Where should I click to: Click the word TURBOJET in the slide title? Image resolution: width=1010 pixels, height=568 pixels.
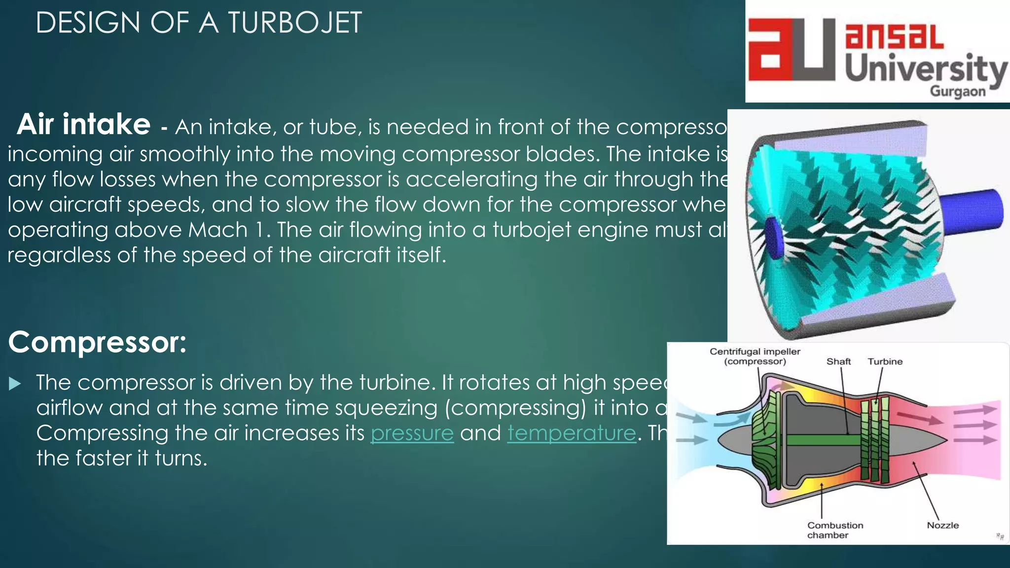(294, 23)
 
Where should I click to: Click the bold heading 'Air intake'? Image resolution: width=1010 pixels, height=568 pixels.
(84, 124)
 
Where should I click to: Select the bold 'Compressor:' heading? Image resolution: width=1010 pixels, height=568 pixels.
(97, 342)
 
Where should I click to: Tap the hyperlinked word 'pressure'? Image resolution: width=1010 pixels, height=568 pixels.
(412, 433)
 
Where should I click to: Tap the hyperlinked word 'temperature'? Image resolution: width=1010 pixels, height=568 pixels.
(572, 433)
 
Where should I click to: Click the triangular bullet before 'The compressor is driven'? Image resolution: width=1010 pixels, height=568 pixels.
(15, 384)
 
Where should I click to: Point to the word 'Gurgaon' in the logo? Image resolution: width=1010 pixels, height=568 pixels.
(957, 92)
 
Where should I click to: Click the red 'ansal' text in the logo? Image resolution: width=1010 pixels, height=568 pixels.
(894, 36)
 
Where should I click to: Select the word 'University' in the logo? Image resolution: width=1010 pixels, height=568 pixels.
(926, 70)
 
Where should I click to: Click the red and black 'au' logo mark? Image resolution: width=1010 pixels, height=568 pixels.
(792, 50)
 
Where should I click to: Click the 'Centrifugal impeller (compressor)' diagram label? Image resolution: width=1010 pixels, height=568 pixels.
(755, 356)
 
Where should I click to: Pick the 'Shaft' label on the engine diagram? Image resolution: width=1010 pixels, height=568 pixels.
(838, 361)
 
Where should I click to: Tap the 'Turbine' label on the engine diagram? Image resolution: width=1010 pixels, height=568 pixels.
(885, 361)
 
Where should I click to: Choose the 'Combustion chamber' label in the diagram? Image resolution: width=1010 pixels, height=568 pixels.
(834, 530)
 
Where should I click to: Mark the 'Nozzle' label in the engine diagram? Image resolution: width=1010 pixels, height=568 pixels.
(942, 526)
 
